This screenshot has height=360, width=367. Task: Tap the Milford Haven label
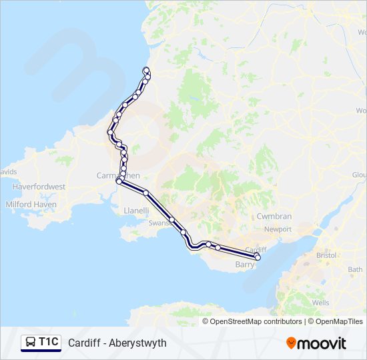[x=31, y=205]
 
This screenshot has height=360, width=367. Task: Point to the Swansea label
[x=160, y=223]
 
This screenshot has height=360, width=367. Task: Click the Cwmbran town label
[x=274, y=217]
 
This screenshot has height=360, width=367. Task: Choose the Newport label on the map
[x=278, y=229]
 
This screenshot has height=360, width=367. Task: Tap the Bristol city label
[x=327, y=255]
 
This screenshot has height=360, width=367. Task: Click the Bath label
[x=355, y=269]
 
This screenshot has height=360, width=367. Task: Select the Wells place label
[x=320, y=303]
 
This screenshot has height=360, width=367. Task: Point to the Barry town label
[x=246, y=265]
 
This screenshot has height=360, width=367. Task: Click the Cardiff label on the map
[x=256, y=249]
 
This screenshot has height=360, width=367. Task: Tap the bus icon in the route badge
[x=31, y=343]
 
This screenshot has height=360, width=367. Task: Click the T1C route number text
[x=48, y=343]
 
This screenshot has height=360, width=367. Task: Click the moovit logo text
[x=322, y=343]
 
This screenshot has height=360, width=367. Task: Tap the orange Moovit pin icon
[x=291, y=343]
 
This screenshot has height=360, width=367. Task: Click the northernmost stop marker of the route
[x=146, y=70]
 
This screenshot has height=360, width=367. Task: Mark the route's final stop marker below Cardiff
[x=258, y=257]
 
